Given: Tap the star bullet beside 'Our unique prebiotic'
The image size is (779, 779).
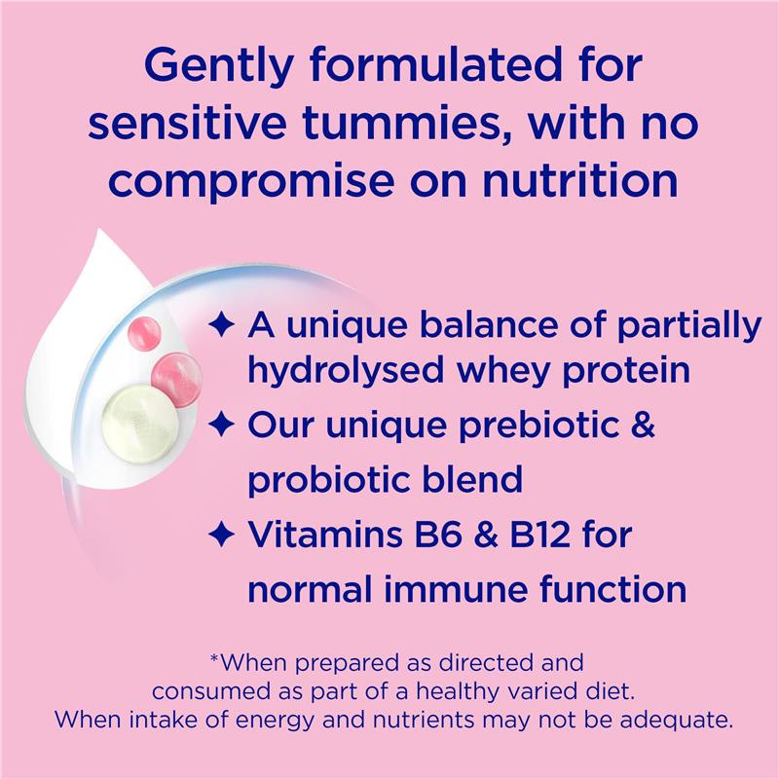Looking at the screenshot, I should pyautogui.click(x=222, y=427).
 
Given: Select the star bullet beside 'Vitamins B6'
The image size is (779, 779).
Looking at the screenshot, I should pyautogui.click(x=222, y=534).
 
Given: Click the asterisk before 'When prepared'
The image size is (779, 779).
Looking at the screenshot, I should pyautogui.click(x=215, y=661).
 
